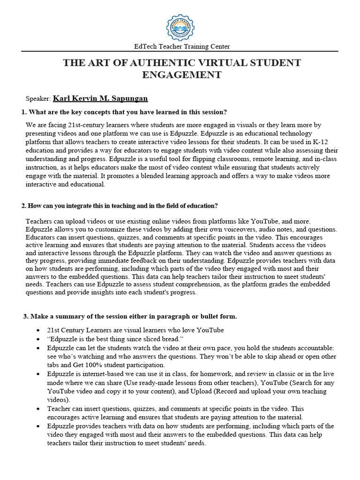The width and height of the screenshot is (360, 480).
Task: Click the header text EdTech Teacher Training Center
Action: coord(182,46)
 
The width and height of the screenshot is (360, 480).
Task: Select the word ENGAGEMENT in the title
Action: coord(182,75)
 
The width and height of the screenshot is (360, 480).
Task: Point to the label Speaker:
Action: coord(38,99)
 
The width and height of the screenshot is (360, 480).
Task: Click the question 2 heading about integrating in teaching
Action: coord(120,206)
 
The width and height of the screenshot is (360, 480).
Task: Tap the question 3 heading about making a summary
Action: coord(130,316)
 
